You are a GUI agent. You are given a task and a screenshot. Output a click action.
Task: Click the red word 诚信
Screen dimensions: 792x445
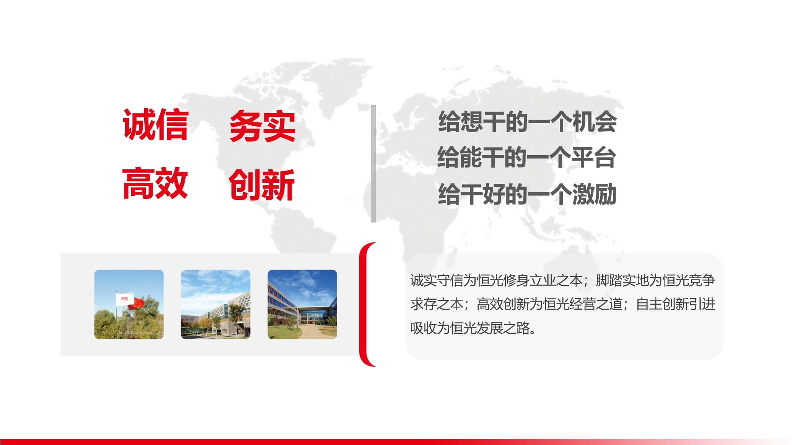[155, 125]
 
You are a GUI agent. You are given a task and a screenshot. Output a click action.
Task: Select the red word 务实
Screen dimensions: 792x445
[262, 126]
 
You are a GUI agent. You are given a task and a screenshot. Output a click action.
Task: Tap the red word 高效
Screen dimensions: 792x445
[155, 183]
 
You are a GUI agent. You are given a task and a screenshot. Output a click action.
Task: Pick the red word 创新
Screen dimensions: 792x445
[262, 185]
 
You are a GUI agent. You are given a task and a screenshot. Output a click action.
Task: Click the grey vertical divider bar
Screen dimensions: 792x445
[373, 164]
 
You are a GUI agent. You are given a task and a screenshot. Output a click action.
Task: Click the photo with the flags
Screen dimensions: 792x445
[129, 304]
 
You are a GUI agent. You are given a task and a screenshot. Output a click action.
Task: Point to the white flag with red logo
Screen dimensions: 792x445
[123, 299]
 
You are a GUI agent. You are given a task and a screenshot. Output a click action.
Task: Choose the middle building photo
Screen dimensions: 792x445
[215, 304]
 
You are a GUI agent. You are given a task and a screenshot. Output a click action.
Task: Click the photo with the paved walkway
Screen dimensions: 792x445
[302, 304]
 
